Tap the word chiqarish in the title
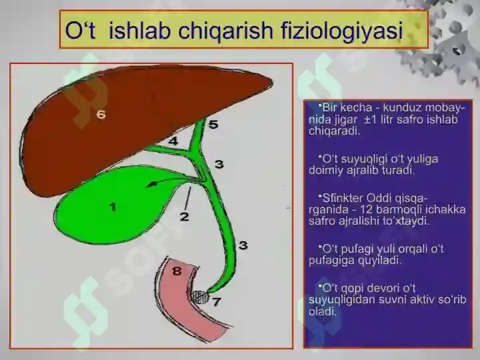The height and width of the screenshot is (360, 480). pos(225,31)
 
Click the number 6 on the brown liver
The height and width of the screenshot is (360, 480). pos(101,115)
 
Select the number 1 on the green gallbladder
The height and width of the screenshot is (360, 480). pos(113,207)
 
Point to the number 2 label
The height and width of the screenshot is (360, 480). pos(184,217)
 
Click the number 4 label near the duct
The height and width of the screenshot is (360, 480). pos(173,141)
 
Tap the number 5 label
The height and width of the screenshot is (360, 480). pos(213,124)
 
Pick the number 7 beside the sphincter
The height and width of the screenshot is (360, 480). pos(217,302)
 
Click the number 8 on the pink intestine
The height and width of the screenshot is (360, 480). pos(177,271)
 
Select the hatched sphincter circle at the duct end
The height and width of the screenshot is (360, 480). pos(200,297)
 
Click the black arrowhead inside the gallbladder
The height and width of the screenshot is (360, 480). pos(150,185)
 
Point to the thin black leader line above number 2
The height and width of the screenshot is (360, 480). pos(188,199)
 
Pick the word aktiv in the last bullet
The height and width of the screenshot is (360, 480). pos(421,300)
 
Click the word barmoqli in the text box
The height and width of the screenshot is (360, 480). pos(399,210)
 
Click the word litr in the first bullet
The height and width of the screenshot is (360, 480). pos(387,120)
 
